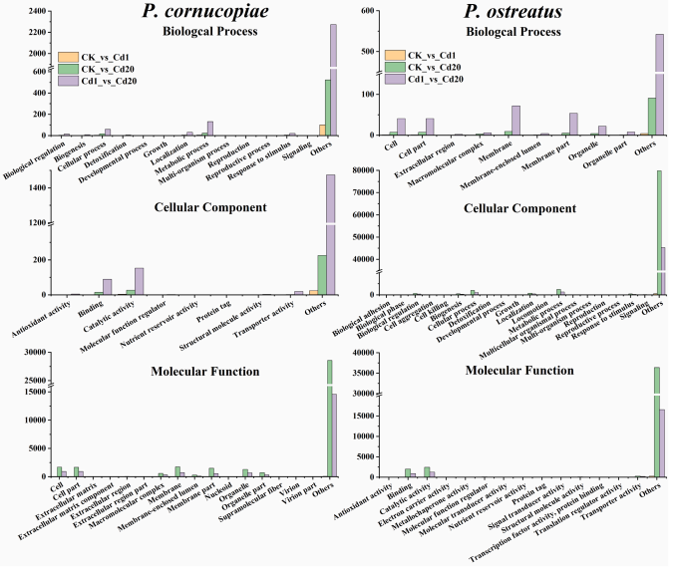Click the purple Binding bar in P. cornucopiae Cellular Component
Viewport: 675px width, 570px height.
coord(107,287)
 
